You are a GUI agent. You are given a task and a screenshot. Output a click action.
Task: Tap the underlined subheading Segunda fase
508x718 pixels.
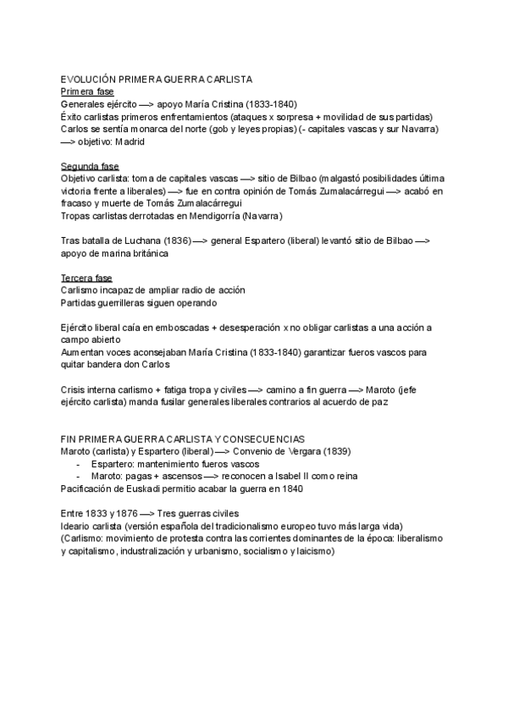tap(91, 166)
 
